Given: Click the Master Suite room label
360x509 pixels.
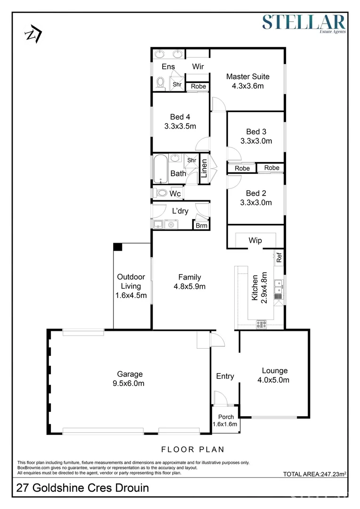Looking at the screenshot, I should [x=247, y=76].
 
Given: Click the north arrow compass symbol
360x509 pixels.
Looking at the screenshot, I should [x=33, y=33].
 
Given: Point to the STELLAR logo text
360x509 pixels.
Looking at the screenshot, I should [x=304, y=22].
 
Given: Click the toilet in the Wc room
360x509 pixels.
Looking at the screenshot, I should [x=161, y=193].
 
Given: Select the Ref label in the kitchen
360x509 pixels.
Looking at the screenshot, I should [x=278, y=257].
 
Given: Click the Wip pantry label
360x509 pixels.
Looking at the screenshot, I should [x=255, y=240].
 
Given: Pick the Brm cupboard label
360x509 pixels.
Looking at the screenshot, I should [x=202, y=226].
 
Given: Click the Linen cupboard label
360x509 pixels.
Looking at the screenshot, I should [x=204, y=169].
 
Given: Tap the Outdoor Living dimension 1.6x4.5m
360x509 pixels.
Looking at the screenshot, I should [x=131, y=296].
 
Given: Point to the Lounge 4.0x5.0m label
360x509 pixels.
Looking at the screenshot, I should [x=275, y=375].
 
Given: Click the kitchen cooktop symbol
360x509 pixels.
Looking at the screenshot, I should [x=261, y=324].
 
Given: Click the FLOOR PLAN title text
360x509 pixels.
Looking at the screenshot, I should [x=192, y=449].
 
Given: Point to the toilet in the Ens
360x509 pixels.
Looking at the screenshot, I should [x=160, y=83].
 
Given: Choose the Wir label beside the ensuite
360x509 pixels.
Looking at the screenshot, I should [x=198, y=66].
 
